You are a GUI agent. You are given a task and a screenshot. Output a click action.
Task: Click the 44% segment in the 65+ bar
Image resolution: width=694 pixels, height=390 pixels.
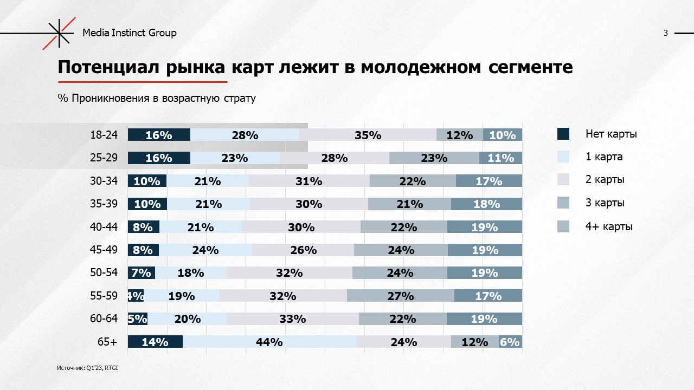(269, 342)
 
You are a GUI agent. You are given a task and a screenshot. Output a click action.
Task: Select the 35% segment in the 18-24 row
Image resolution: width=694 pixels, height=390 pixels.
(368, 135)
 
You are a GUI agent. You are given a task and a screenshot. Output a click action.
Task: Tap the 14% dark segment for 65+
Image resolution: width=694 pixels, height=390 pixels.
(155, 342)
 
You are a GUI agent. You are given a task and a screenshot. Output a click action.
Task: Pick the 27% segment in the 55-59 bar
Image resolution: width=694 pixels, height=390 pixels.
(401, 296)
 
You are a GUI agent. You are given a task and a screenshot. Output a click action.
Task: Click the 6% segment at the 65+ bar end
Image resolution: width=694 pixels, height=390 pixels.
(510, 342)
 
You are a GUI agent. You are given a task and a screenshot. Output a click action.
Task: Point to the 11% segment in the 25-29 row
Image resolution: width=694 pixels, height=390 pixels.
(500, 158)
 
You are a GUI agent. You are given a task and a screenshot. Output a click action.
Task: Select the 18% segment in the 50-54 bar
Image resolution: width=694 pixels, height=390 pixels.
(191, 273)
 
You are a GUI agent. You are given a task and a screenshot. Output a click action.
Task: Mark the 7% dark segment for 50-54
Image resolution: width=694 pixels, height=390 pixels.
(141, 273)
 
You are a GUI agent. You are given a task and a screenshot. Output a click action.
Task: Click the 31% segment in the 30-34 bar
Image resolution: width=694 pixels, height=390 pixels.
(309, 181)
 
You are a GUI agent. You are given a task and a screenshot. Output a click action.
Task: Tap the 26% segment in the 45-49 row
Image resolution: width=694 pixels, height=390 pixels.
(303, 250)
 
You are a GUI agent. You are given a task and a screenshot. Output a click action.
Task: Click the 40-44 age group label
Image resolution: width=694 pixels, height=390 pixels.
(104, 227)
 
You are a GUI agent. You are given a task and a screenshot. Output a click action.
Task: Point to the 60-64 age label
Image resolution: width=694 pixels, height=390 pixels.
(104, 318)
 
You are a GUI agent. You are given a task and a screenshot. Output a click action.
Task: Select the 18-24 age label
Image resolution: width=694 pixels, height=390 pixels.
(104, 135)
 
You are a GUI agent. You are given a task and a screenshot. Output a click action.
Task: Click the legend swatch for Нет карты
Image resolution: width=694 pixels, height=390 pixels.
(563, 134)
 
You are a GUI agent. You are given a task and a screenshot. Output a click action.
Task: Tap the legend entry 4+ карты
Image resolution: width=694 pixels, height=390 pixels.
(608, 226)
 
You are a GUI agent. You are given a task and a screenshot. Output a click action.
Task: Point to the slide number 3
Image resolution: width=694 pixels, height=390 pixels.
(665, 33)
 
